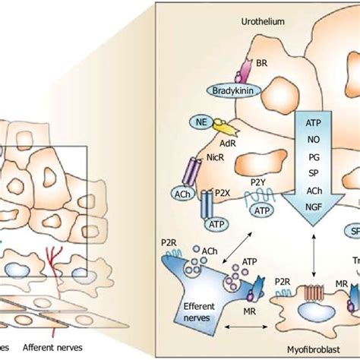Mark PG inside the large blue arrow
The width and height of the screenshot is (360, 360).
[x=313, y=156]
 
